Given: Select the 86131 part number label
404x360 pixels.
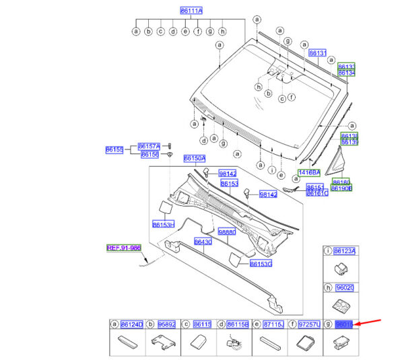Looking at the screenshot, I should [317, 52].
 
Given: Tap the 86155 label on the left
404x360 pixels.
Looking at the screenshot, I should [114, 149].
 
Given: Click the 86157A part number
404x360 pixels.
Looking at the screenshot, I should [149, 145].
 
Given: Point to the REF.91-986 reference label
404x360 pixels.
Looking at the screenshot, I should [124, 248].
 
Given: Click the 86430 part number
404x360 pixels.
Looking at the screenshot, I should [203, 242].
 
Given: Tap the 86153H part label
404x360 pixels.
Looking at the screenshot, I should [163, 224].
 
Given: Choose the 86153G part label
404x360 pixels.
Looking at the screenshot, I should [261, 263].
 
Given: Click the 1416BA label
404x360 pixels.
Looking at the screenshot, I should [309, 172].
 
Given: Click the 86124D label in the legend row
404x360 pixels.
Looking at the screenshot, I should [132, 324].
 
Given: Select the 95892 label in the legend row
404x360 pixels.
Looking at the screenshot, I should [166, 324].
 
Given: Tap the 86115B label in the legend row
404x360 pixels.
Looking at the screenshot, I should [238, 324].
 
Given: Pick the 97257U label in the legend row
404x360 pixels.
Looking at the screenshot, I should [309, 324].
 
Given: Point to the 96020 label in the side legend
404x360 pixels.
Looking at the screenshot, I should [345, 287].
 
